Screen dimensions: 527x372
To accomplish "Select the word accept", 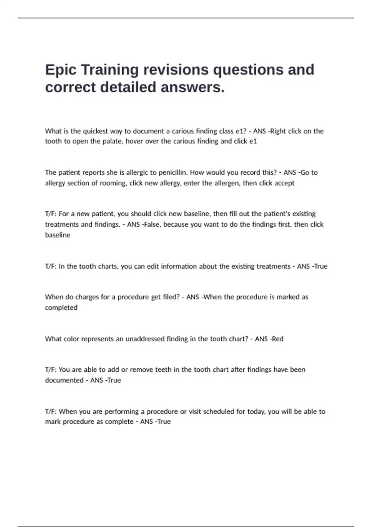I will coord(284,183).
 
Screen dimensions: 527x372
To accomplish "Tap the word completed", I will coord(61,308).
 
